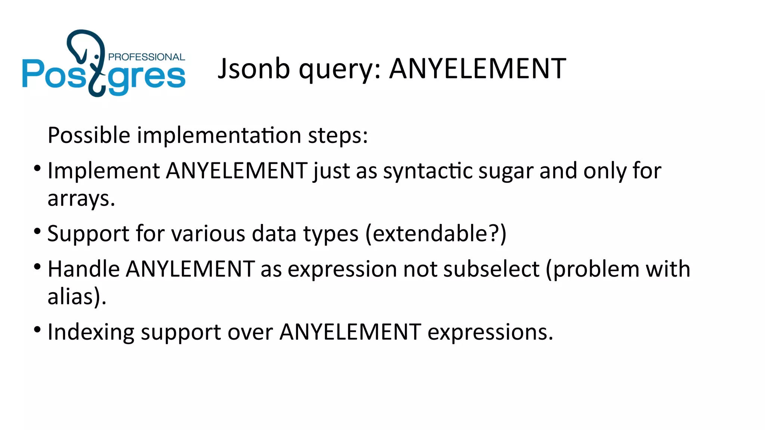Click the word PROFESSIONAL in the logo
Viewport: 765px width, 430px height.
pos(146,57)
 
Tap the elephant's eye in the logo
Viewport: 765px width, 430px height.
pos(96,57)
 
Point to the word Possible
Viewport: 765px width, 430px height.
pos(89,135)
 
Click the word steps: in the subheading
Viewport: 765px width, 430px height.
pos(338,136)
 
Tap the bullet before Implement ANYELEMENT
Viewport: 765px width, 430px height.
pos(37,168)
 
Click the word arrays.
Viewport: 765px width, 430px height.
pos(81,199)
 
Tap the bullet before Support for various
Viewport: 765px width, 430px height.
pos(37,231)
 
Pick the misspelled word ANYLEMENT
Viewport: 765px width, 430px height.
pos(191,269)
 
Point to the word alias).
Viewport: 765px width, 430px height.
pos(77,297)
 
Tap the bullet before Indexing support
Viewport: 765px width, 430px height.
pos(37,330)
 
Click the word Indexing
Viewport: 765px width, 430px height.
pos(91,333)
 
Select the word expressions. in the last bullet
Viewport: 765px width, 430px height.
pos(490,332)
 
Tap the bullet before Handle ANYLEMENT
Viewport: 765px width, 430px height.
pos(37,267)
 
